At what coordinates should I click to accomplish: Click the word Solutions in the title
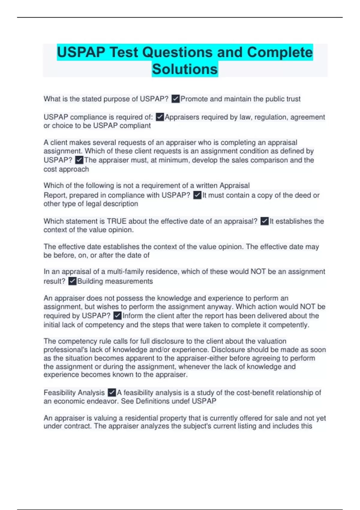click(x=185, y=69)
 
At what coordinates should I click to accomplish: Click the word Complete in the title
click(x=280, y=52)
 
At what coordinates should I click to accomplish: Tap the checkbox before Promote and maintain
click(x=175, y=99)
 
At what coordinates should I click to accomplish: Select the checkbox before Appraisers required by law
click(x=160, y=117)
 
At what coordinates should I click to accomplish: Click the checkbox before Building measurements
click(x=72, y=281)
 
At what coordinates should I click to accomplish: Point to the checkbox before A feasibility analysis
click(x=112, y=392)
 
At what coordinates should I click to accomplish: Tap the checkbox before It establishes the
click(x=264, y=221)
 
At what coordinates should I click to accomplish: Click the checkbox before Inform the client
click(x=118, y=316)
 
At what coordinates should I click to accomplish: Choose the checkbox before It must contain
click(x=197, y=195)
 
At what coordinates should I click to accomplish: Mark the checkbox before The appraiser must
click(x=79, y=160)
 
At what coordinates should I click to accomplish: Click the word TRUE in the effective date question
click(x=117, y=221)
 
